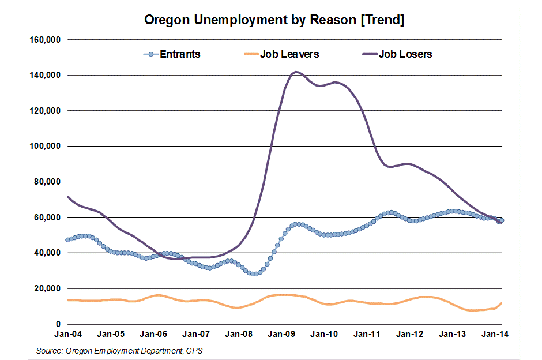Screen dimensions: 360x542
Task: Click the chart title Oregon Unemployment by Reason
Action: tap(274, 20)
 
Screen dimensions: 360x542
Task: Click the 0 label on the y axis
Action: tap(58, 324)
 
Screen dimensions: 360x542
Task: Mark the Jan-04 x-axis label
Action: tap(68, 334)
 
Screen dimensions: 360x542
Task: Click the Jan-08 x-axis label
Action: tap(238, 334)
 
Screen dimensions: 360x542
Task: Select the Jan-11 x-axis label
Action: tap(366, 334)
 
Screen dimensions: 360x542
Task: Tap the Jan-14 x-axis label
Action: tap(494, 334)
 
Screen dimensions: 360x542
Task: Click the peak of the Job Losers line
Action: tap(296, 72)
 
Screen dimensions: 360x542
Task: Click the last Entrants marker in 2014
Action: tap(502, 220)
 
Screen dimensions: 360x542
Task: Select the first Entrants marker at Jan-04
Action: tap(68, 239)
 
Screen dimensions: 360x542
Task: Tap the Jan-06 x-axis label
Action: tap(153, 334)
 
